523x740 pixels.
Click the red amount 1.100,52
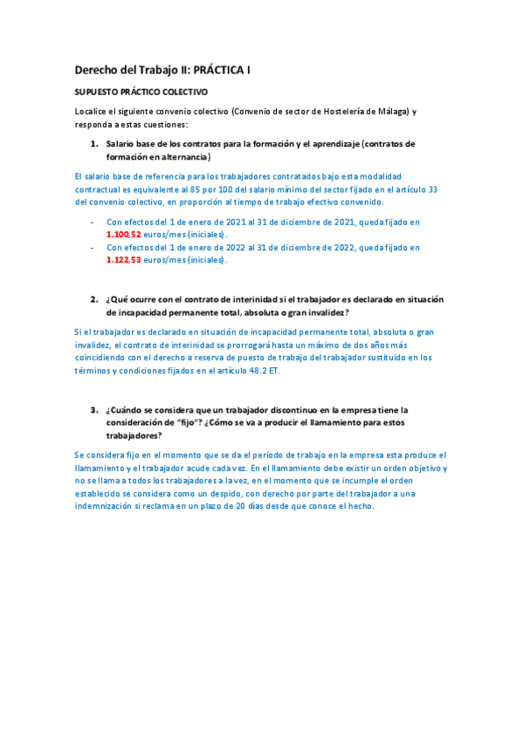pos(123,235)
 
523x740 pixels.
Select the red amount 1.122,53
pos(123,260)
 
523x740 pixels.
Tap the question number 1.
pos(94,144)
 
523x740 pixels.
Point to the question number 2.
pos(94,299)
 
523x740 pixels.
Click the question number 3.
pos(94,409)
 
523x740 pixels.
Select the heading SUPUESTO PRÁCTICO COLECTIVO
pos(141,92)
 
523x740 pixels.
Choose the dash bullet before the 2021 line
pos(93,223)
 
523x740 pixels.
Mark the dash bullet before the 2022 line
pos(93,248)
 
